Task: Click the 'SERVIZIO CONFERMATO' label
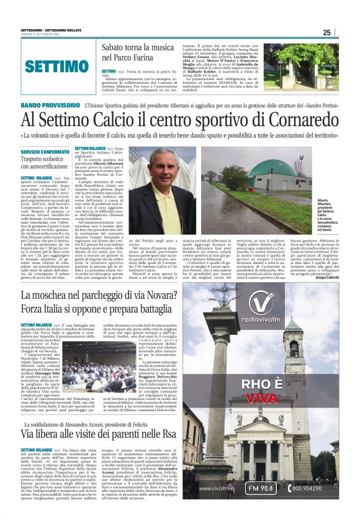(x=45, y=152)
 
